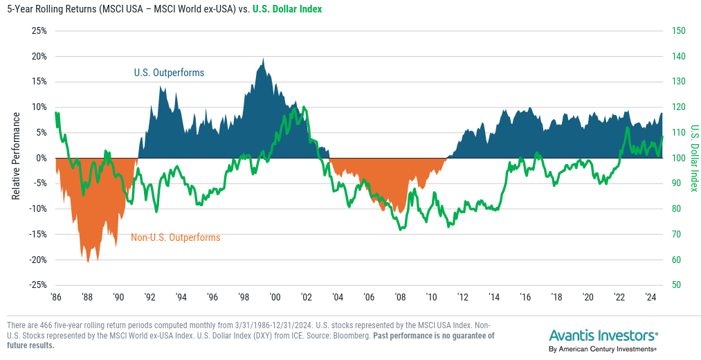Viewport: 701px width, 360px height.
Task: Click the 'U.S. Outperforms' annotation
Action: click(x=169, y=72)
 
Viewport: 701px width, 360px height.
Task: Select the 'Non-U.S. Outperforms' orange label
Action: click(x=175, y=237)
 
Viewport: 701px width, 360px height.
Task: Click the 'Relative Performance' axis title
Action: click(x=15, y=158)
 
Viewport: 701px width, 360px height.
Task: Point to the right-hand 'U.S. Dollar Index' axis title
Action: click(x=694, y=158)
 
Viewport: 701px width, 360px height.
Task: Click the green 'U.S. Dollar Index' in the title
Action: click(x=281, y=9)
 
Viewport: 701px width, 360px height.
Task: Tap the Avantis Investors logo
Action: click(x=603, y=336)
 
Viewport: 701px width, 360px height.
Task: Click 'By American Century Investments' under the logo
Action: click(x=602, y=350)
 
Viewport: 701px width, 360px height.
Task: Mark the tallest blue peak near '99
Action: click(x=263, y=59)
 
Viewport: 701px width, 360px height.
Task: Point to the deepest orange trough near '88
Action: click(x=88, y=262)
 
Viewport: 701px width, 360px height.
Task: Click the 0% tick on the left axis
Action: click(x=40, y=158)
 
